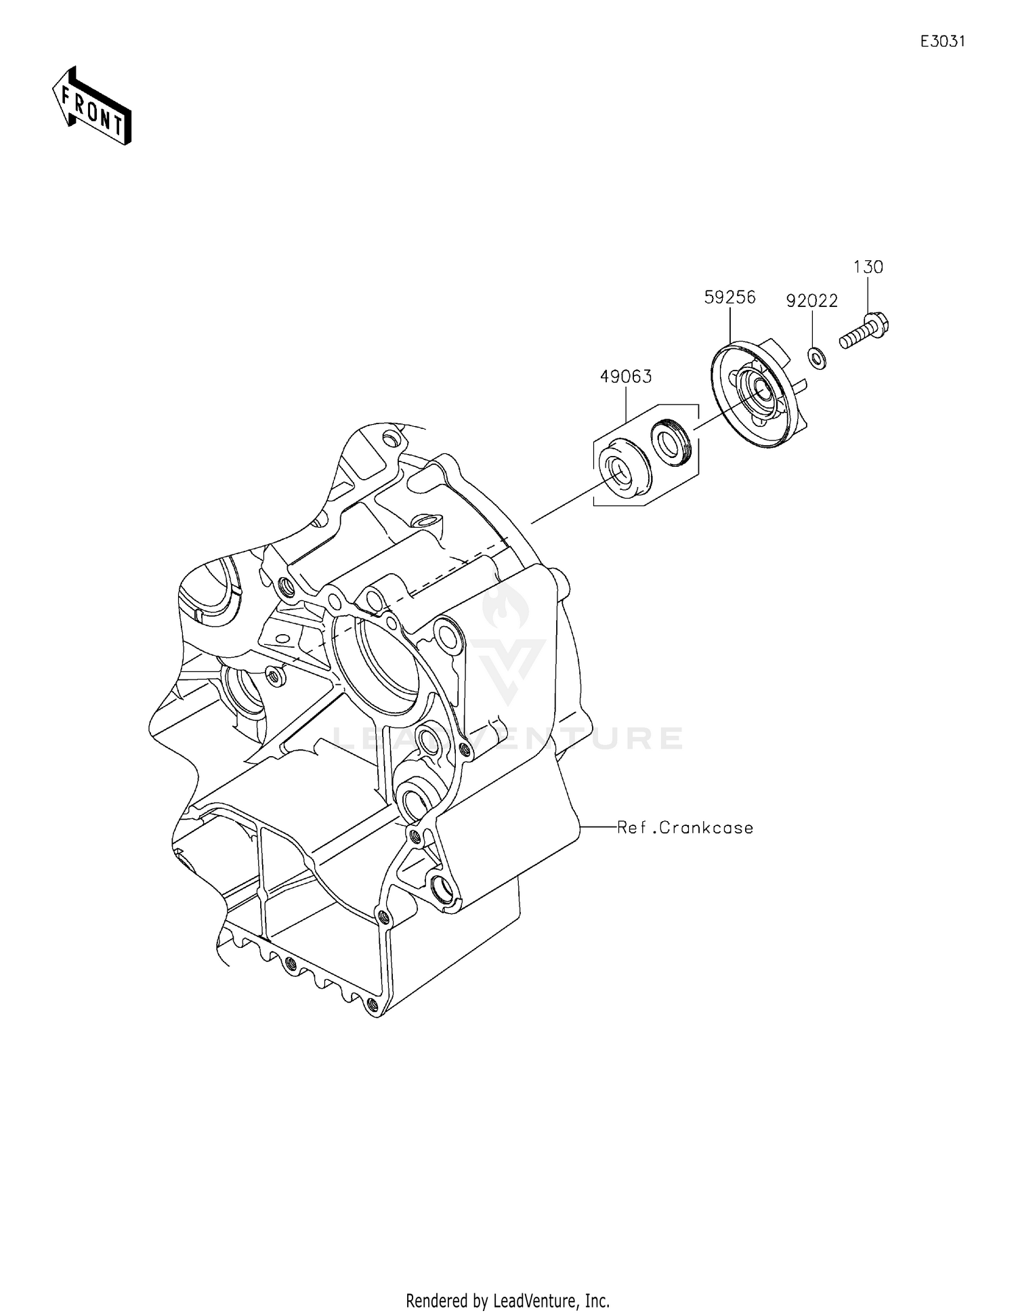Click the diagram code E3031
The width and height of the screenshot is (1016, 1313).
click(x=942, y=41)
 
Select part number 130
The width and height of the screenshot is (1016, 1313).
click(x=868, y=268)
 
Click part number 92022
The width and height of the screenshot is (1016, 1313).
click(x=812, y=301)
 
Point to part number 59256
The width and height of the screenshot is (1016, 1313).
click(x=729, y=297)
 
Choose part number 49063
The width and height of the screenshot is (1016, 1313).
click(x=626, y=377)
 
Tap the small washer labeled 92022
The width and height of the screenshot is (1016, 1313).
click(x=818, y=358)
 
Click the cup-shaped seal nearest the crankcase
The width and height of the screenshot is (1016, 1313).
click(x=622, y=471)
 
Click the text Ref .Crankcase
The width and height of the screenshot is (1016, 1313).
click(x=685, y=828)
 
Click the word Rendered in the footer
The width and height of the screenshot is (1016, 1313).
click(x=436, y=1300)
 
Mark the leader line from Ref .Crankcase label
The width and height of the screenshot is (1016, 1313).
click(x=597, y=827)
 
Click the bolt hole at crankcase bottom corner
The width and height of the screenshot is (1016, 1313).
click(x=371, y=1003)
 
